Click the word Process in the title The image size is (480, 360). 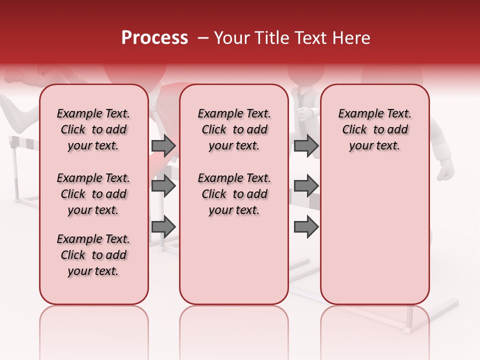(x=154, y=38)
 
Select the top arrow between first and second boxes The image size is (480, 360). (x=163, y=145)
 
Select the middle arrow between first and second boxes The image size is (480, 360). (x=163, y=186)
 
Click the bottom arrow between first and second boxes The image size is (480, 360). (x=163, y=226)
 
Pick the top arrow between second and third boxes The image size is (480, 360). (x=306, y=145)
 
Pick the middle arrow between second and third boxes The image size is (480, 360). (x=306, y=186)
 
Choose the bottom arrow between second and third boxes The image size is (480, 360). (x=306, y=226)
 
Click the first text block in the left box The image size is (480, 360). (x=93, y=130)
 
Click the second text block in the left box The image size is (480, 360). (x=93, y=194)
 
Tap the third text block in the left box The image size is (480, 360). (x=93, y=255)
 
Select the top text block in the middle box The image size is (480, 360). (x=234, y=130)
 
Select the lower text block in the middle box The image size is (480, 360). (x=234, y=194)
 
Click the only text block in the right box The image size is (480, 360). (x=374, y=130)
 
